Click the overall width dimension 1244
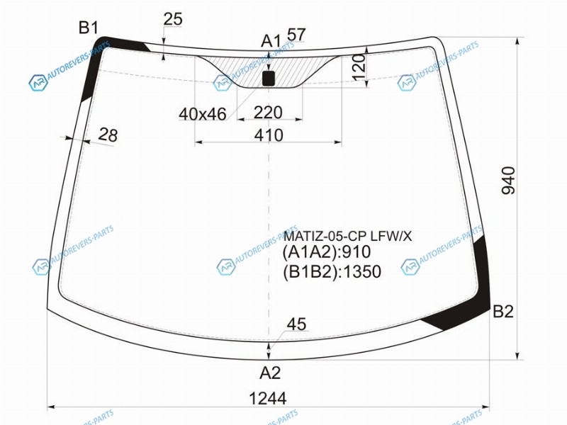(x=268, y=399)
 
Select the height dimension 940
(x=508, y=181)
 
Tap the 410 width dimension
(x=269, y=135)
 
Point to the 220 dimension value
(x=268, y=113)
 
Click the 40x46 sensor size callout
(x=203, y=114)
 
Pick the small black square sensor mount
(x=269, y=79)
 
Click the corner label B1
(x=89, y=28)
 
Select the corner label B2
(x=503, y=311)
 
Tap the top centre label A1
(x=271, y=41)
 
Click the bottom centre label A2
(x=270, y=373)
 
